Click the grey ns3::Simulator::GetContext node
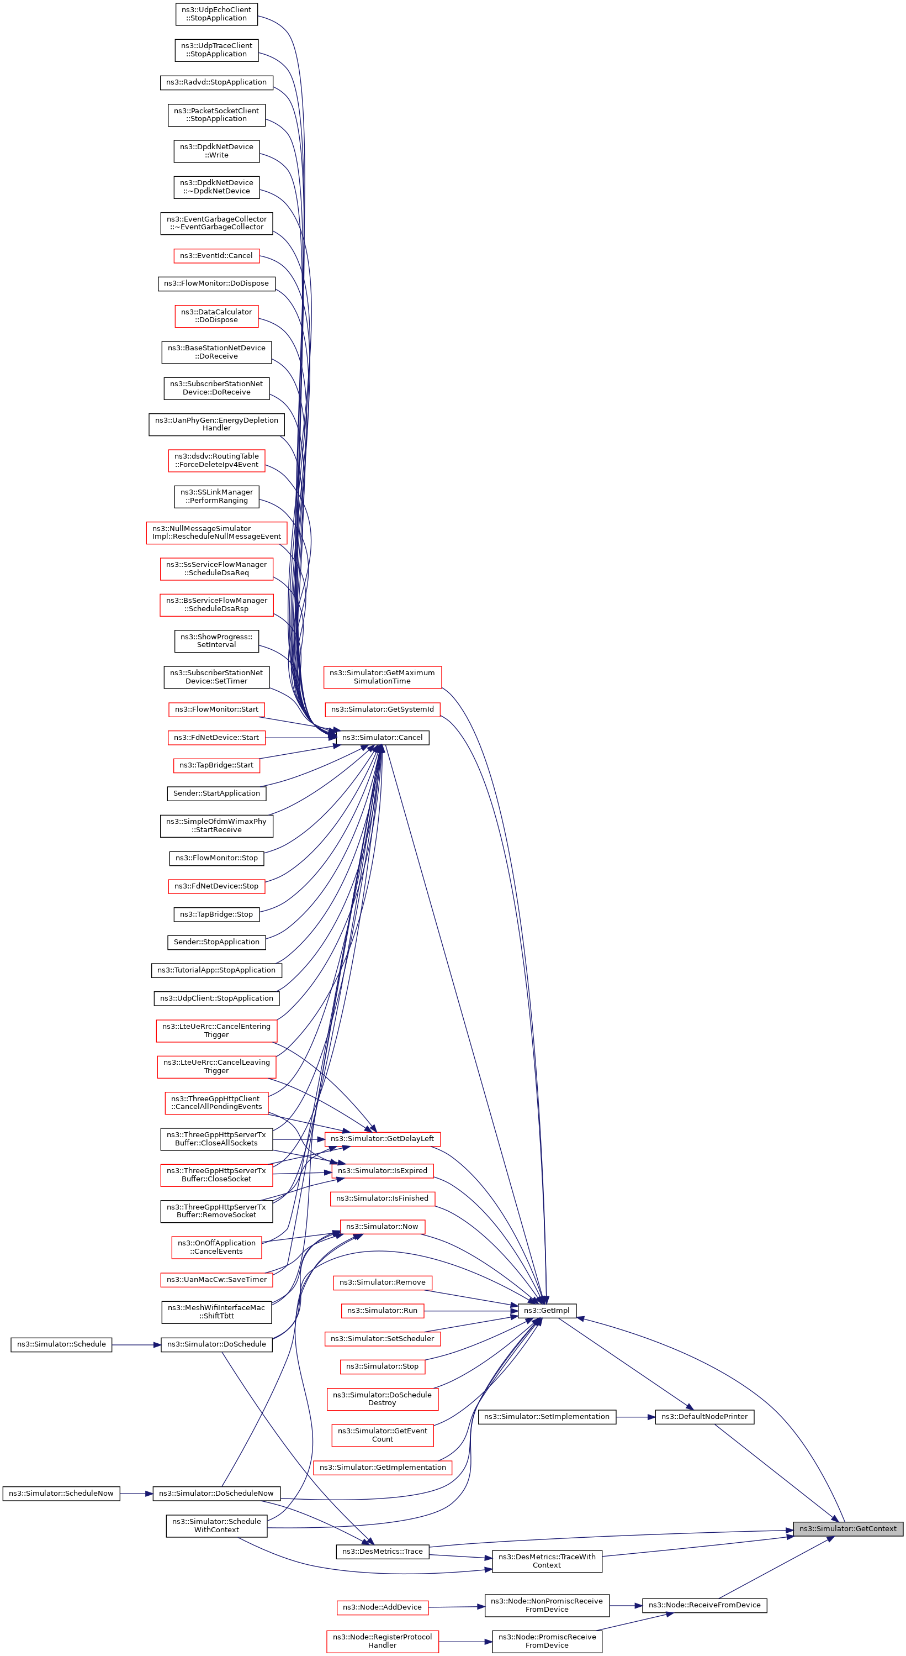(x=847, y=1529)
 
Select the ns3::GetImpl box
(x=546, y=1310)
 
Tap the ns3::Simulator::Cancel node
(x=382, y=737)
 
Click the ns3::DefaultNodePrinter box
(x=704, y=1416)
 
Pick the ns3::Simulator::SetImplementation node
(x=547, y=1416)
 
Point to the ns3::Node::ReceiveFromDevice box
(x=704, y=1605)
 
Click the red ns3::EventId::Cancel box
(x=216, y=256)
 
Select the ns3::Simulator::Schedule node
(x=62, y=1344)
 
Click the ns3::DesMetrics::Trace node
(x=382, y=1551)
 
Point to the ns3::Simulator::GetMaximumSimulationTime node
(x=382, y=677)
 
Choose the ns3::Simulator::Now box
(x=382, y=1227)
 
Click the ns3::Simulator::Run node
(x=382, y=1310)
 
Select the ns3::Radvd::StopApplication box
(x=216, y=82)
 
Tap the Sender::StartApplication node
(x=216, y=793)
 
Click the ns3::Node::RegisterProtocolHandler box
(x=382, y=1641)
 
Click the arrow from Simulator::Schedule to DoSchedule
(x=136, y=1344)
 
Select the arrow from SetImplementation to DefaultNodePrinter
(x=635, y=1416)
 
